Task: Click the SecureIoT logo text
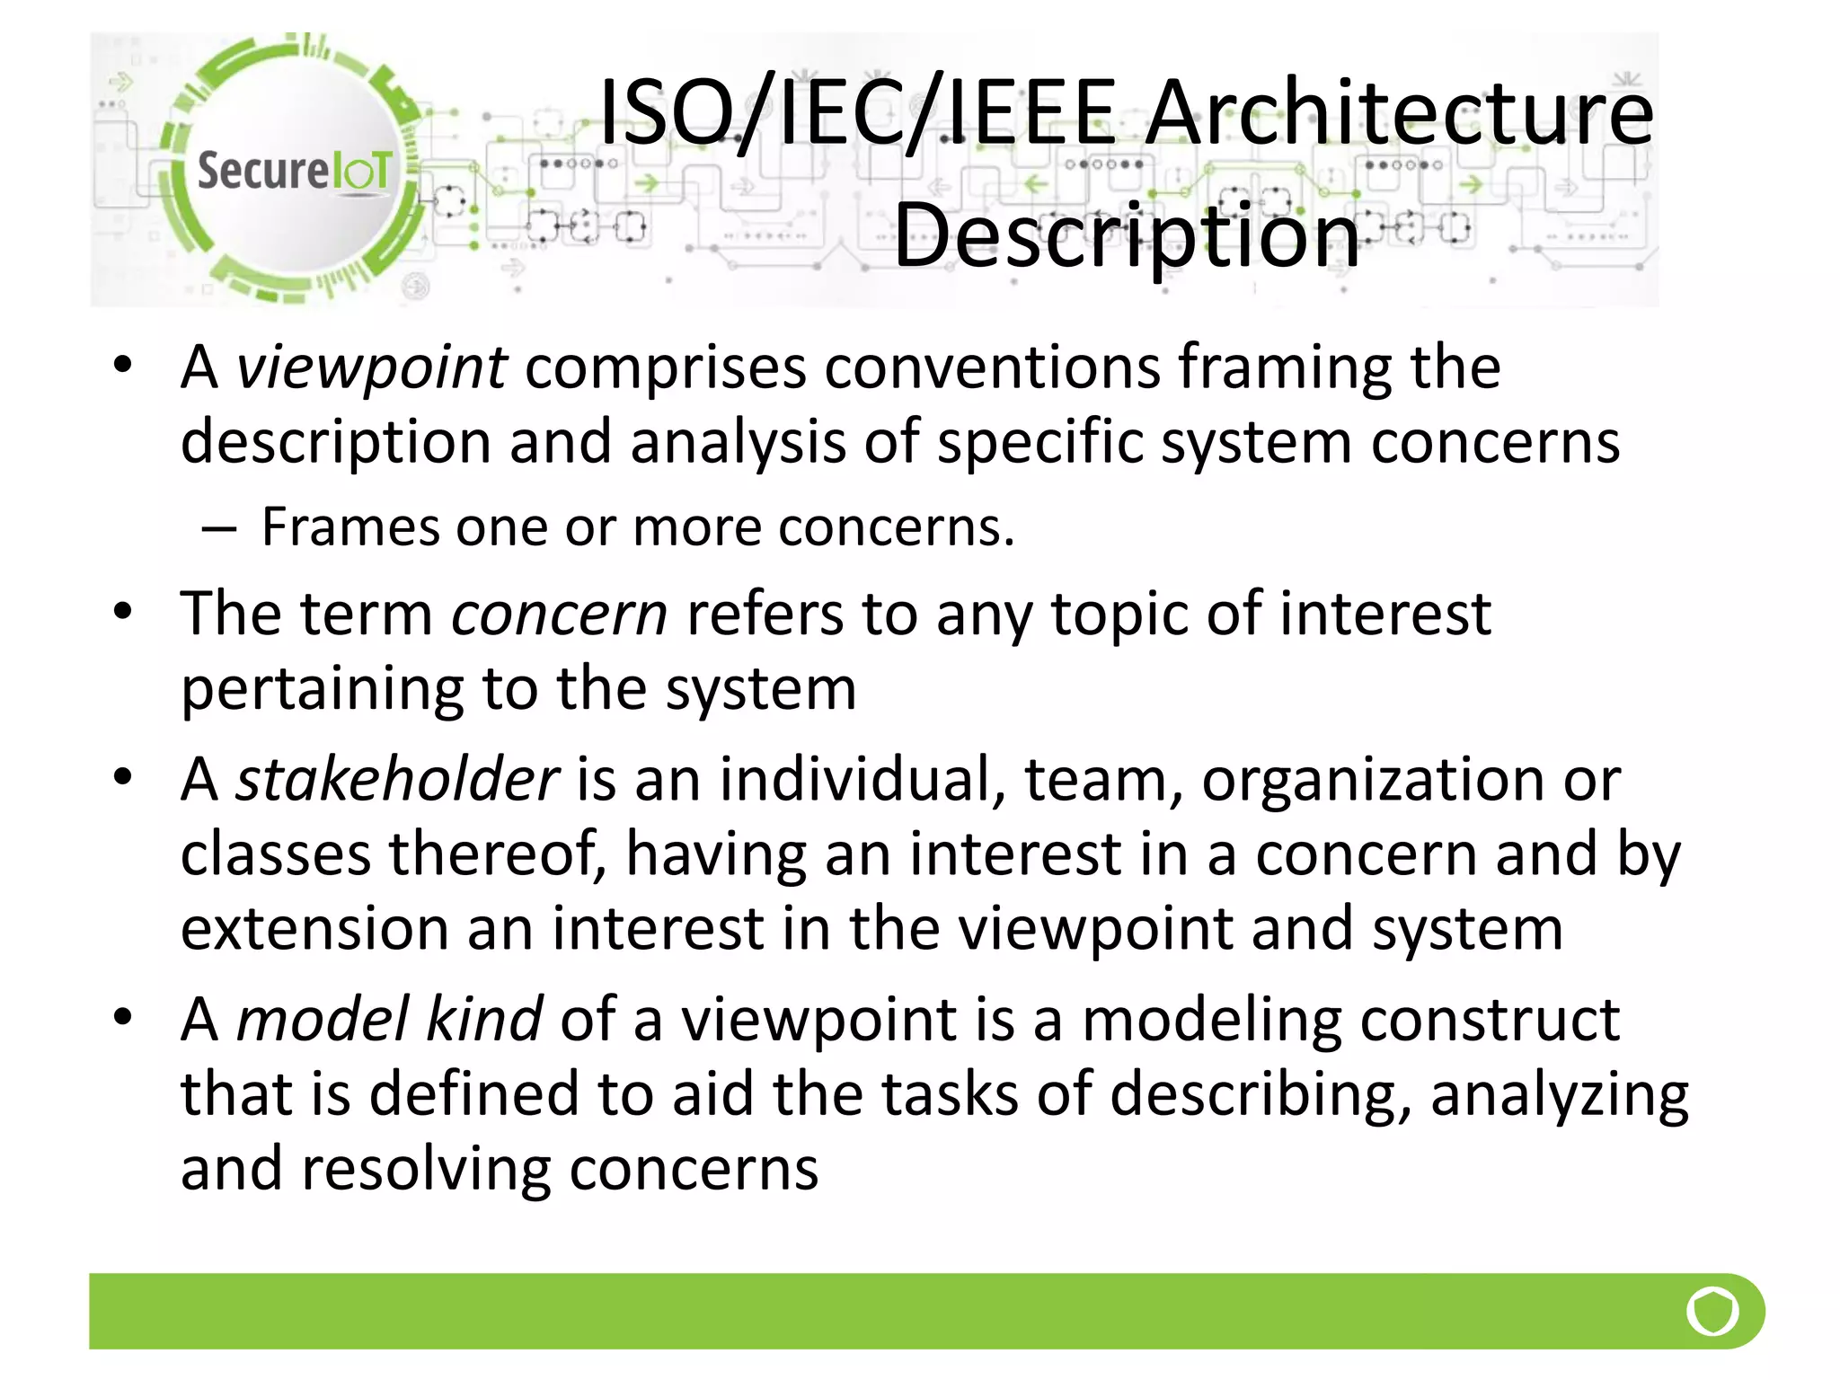(294, 171)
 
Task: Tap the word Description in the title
(1127, 235)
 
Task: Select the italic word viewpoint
(370, 367)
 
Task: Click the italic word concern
(559, 615)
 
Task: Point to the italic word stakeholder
(397, 779)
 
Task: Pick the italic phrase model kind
(388, 1020)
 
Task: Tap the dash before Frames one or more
(218, 528)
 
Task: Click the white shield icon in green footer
(1712, 1312)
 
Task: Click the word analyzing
(1559, 1094)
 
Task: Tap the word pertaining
(322, 689)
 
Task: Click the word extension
(314, 929)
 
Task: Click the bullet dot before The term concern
(123, 612)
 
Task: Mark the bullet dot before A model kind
(123, 1017)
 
